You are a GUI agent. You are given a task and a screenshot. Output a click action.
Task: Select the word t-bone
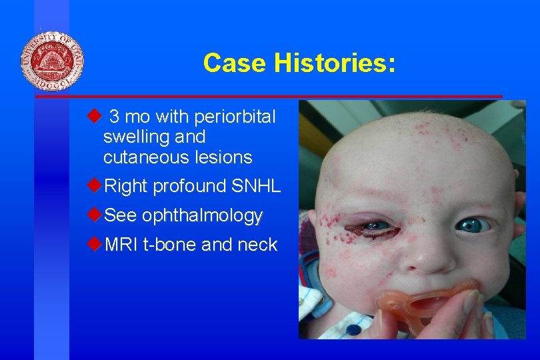tap(169, 245)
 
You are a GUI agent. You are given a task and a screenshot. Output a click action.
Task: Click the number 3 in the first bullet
tap(114, 117)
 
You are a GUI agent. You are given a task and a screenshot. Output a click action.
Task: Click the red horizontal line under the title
tap(267, 97)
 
